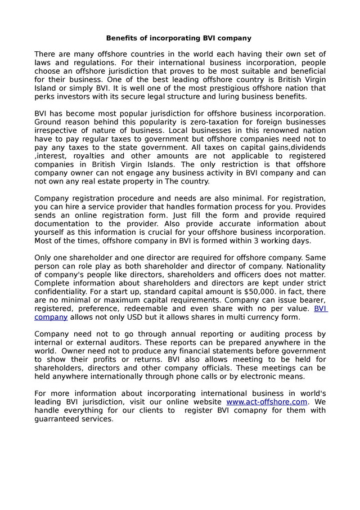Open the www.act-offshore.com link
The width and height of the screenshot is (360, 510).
[267, 401]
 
